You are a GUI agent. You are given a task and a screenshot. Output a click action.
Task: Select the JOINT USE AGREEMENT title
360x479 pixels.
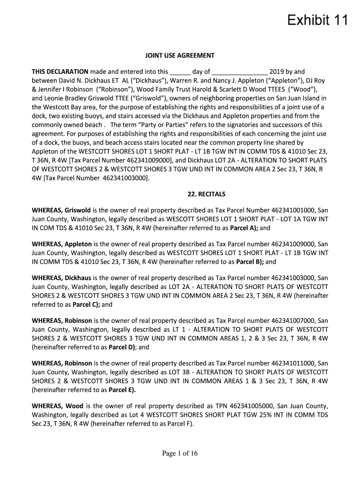(180, 56)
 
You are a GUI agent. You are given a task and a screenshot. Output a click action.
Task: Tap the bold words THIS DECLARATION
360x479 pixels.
(60, 72)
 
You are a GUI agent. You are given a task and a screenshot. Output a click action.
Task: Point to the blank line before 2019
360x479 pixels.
(240, 73)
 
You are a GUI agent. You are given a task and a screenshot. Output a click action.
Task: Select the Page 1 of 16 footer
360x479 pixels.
(180, 453)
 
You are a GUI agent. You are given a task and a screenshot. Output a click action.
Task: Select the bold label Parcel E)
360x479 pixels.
(122, 390)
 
